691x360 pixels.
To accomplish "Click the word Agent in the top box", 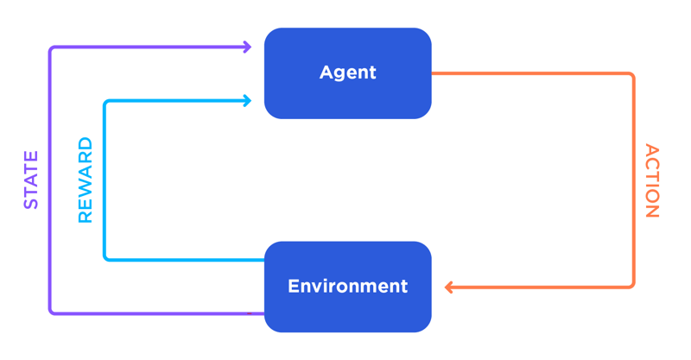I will (x=347, y=73).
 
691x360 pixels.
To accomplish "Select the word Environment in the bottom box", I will (x=347, y=286).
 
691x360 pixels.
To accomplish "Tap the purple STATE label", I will (x=31, y=180).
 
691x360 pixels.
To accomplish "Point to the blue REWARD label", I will (x=86, y=180).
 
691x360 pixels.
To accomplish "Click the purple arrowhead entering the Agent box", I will (x=247, y=47).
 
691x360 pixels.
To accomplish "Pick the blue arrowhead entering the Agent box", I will (x=247, y=101).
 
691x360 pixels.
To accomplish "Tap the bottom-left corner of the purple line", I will (x=51, y=312).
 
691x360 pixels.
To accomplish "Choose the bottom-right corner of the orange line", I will (x=633, y=286).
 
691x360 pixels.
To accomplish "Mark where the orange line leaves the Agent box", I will (x=433, y=73).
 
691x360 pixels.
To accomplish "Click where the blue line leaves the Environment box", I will (x=263, y=259).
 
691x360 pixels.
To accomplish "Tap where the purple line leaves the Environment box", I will (x=263, y=313).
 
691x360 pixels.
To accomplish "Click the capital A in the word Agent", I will (x=326, y=73).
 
